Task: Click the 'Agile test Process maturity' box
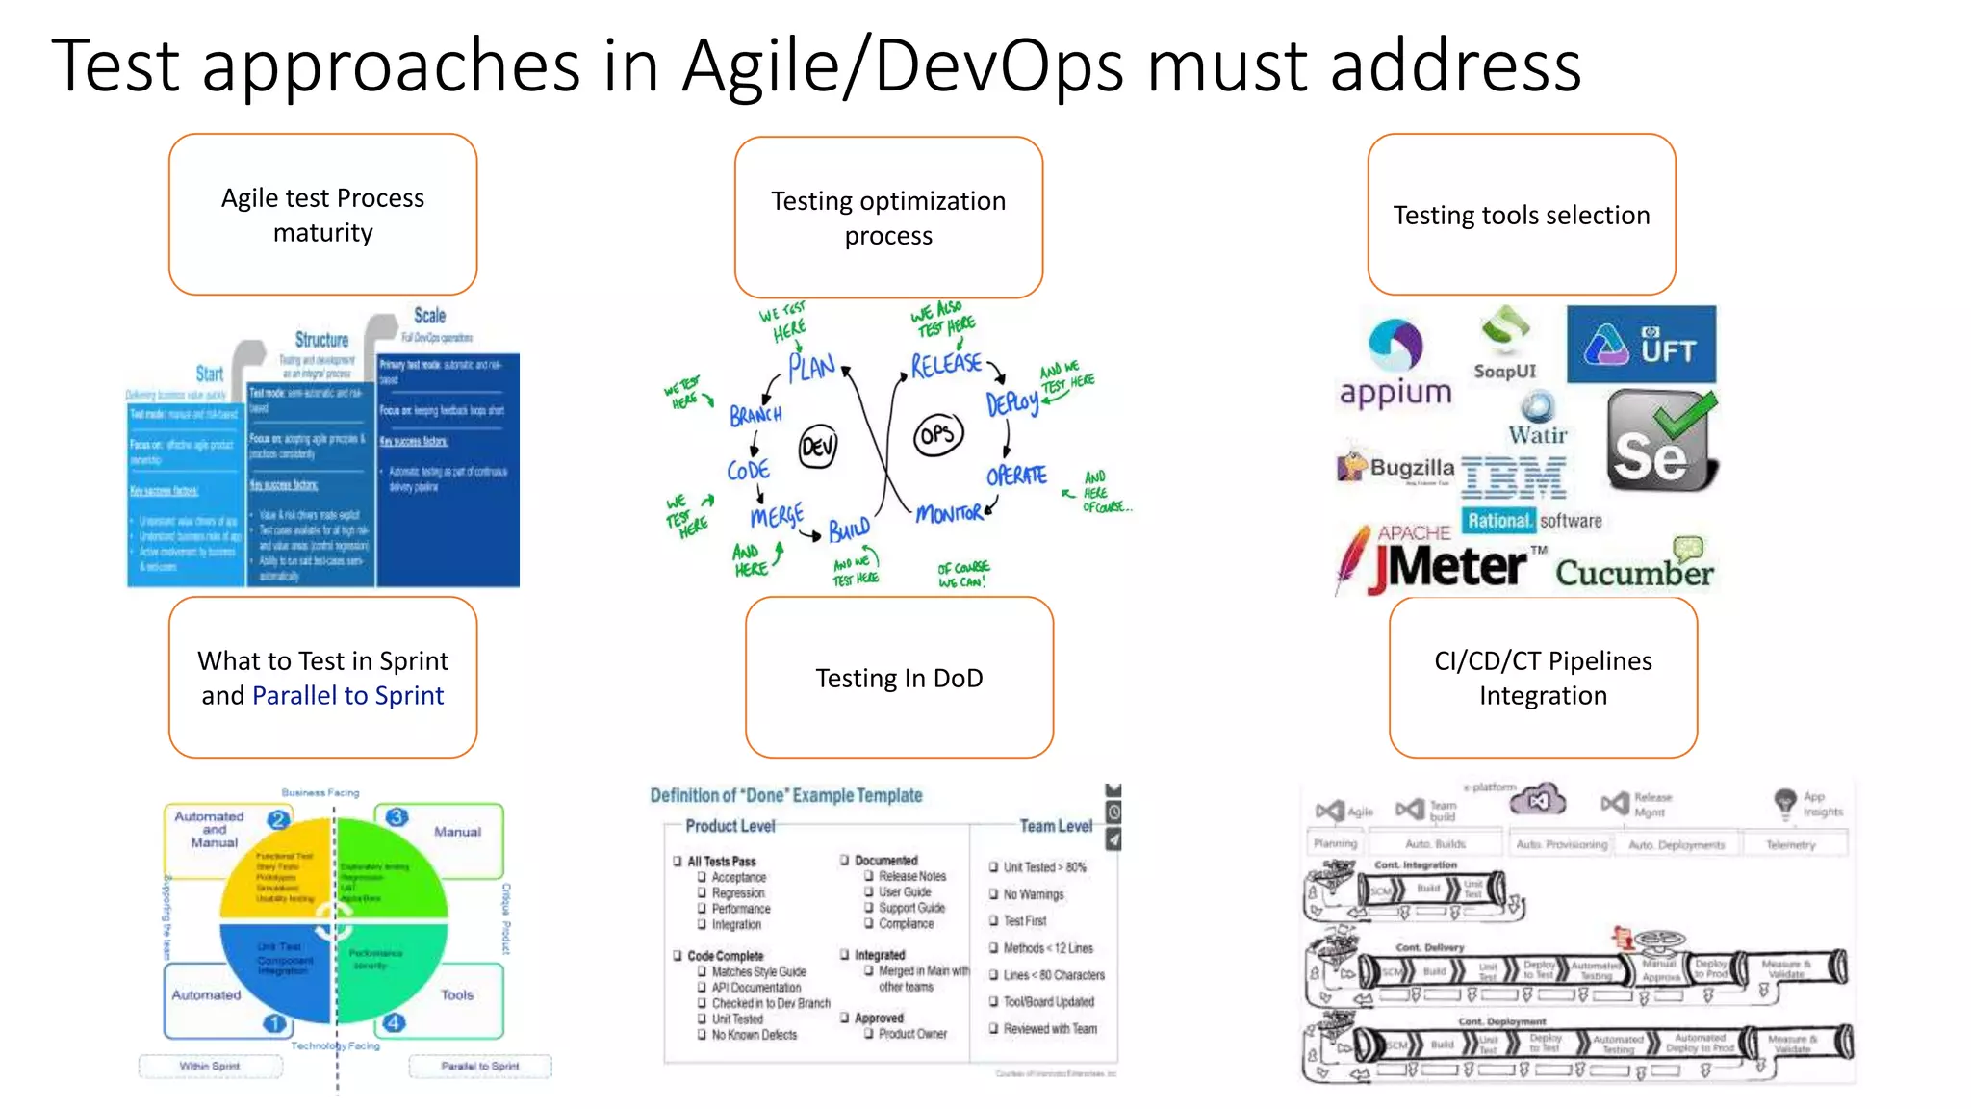point(322,215)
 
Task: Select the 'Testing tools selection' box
point(1521,215)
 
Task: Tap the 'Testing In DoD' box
point(899,678)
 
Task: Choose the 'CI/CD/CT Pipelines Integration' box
point(1543,678)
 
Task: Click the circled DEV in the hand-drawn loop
point(818,446)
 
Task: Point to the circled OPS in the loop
point(937,435)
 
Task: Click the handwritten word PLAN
point(811,367)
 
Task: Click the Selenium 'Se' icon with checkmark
point(1660,441)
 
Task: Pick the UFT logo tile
point(1641,345)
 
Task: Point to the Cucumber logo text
point(1634,572)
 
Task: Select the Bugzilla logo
point(1396,468)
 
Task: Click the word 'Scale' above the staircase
point(429,316)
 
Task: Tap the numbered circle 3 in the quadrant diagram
point(397,817)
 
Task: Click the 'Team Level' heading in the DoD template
point(1056,826)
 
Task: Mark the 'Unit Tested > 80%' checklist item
point(1044,867)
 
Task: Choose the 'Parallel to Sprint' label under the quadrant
point(479,1066)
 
